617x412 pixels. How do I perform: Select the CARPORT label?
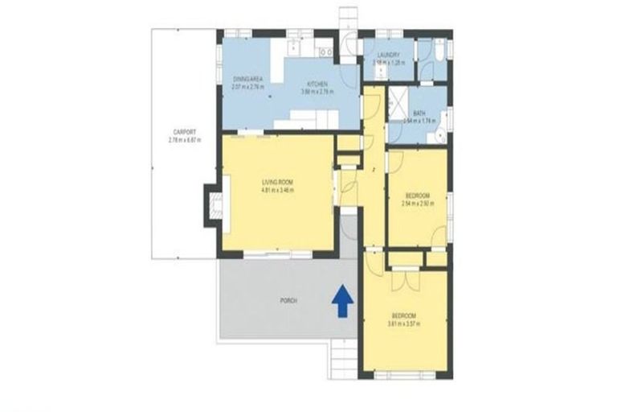tap(184, 132)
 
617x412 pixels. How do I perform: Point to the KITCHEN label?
tap(316, 84)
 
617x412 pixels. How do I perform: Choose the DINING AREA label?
tap(243, 78)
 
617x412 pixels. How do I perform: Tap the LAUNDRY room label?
tap(390, 55)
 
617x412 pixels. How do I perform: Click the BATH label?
tap(419, 113)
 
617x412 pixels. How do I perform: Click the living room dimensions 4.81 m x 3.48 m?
tap(277, 191)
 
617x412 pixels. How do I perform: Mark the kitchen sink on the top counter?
tap(325, 52)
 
